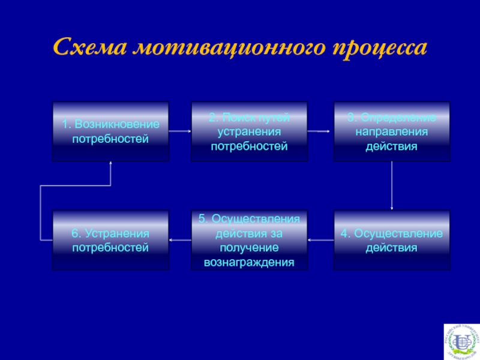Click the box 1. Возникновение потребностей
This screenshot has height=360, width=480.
pos(110,132)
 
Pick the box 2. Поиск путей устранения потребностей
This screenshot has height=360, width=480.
pos(249,132)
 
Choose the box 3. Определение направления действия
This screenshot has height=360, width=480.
pos(392,132)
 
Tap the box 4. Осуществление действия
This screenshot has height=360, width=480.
pos(392,240)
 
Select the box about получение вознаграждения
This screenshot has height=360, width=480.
pos(249,240)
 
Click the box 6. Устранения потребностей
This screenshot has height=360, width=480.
pos(110,240)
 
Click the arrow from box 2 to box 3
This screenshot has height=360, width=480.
pos(320,130)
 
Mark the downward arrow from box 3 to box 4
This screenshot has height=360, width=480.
pos(392,186)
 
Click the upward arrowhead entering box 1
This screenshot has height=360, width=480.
pos(111,166)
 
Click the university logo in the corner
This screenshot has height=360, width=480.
pos(461,341)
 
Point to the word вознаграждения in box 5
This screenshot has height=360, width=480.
pos(249,263)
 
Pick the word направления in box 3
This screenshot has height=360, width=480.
pos(392,131)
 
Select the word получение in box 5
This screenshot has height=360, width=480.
pos(249,248)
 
